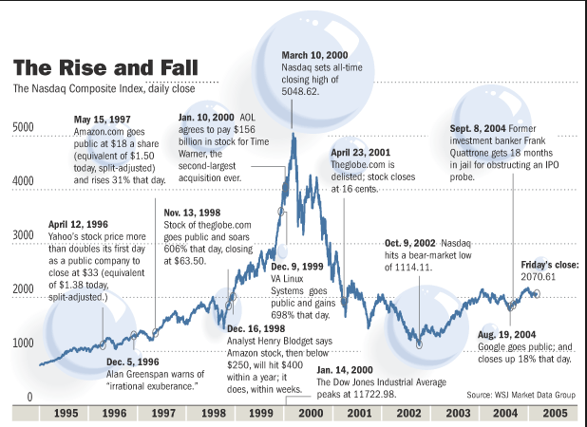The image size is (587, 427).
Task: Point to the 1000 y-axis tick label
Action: coord(23,343)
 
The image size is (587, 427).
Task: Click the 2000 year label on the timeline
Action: coord(312,414)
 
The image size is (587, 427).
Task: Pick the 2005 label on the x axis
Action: coord(557,414)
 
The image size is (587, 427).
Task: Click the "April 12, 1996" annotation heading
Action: coord(80,224)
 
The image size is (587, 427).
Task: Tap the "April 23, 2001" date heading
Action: coord(361,152)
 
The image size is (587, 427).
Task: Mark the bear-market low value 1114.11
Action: coord(408,269)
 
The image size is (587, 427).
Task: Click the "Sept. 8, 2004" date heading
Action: coord(476,127)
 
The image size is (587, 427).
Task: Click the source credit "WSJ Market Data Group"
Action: coord(536,393)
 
